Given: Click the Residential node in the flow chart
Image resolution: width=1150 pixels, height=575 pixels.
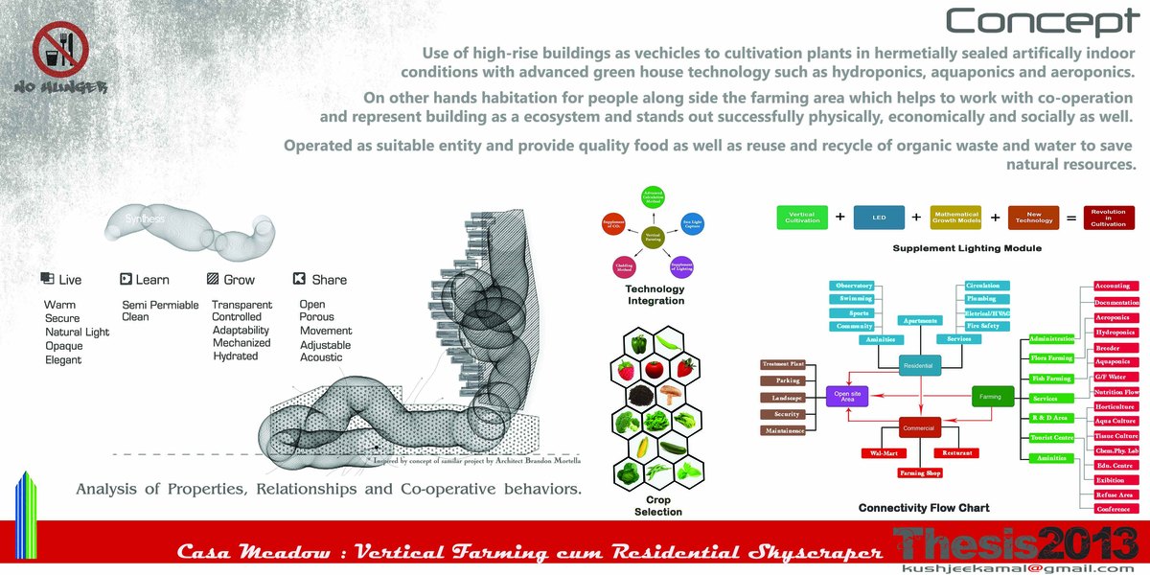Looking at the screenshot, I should click(921, 364).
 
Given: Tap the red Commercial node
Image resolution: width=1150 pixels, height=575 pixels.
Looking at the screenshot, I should click(921, 428).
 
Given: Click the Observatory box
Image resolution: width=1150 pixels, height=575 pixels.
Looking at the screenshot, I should click(854, 286).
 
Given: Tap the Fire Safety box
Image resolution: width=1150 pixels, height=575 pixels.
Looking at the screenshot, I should click(982, 326).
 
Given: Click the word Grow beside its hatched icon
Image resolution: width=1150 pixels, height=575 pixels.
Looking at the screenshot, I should click(239, 280).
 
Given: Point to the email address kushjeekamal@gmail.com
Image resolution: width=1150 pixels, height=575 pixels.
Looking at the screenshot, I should click(1019, 567).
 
